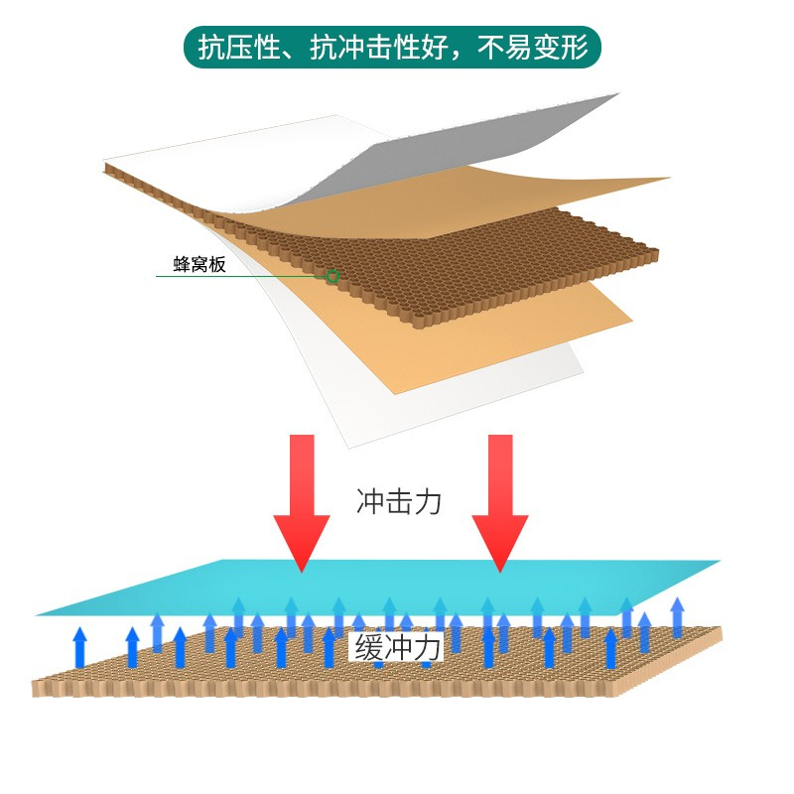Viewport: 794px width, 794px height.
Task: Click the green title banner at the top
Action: pos(392,47)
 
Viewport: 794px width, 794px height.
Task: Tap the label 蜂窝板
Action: pos(199,264)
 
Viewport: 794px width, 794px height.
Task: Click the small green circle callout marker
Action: pos(332,276)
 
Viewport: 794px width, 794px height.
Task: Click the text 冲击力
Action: pos(399,501)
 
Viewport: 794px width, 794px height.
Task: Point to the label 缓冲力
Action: pos(396,648)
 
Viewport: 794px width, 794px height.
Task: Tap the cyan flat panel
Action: pos(377,588)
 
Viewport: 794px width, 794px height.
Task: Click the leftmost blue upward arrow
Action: pos(79,647)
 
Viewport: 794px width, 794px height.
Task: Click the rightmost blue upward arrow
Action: pos(678,616)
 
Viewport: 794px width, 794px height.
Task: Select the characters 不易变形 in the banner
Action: pos(533,48)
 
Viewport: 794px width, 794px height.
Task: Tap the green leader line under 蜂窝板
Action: pos(241,277)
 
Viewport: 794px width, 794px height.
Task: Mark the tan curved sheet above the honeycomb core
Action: pos(456,202)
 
